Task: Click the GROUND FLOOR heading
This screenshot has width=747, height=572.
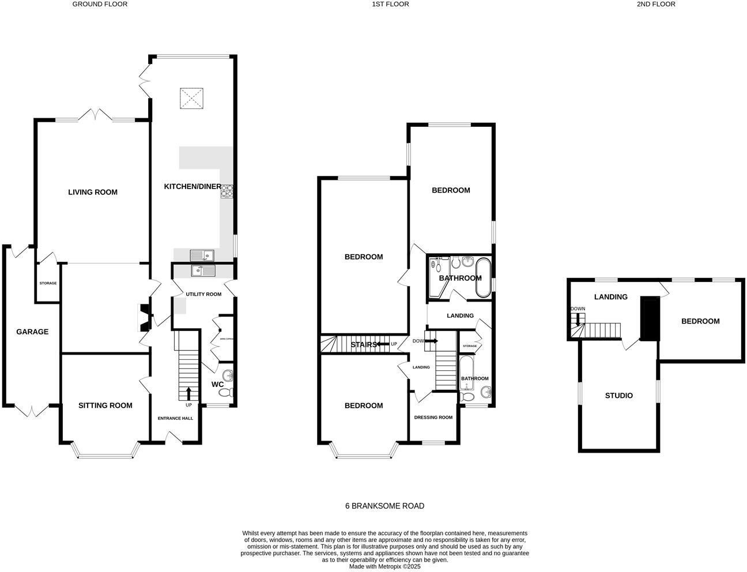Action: click(x=100, y=4)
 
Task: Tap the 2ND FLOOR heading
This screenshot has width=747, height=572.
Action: click(x=655, y=4)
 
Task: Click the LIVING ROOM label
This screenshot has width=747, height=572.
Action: click(x=92, y=192)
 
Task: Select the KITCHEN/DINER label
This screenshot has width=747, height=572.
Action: click(x=193, y=186)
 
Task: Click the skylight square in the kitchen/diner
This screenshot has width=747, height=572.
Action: click(x=192, y=98)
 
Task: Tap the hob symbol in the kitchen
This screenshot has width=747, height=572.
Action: click(x=227, y=191)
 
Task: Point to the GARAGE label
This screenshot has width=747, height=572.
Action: click(x=32, y=332)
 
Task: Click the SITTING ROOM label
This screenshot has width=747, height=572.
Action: click(x=105, y=405)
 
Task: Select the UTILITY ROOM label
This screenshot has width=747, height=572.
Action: click(x=203, y=294)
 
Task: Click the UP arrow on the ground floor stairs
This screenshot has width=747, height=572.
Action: click(x=188, y=394)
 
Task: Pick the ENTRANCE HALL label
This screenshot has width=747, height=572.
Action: click(x=175, y=418)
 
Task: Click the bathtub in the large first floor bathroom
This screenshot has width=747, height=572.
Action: click(x=482, y=277)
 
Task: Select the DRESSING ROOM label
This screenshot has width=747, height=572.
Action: click(x=433, y=417)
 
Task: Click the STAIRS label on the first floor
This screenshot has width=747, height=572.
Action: click(x=364, y=345)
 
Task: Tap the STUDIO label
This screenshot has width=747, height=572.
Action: click(x=618, y=396)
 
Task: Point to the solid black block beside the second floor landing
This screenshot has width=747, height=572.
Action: click(x=650, y=319)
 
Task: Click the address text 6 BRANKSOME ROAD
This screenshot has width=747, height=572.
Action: click(x=384, y=506)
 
